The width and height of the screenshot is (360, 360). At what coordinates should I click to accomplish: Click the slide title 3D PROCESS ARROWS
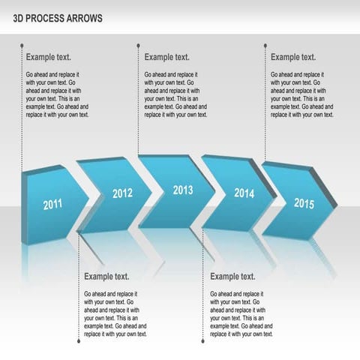click(x=58, y=17)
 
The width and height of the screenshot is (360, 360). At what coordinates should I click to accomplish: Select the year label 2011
click(x=52, y=204)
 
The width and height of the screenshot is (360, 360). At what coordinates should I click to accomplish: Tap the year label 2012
click(x=122, y=193)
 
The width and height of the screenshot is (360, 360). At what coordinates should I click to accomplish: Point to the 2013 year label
click(x=183, y=190)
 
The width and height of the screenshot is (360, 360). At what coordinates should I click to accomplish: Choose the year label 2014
click(x=244, y=193)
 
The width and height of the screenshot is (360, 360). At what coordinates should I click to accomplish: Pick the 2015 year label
click(x=304, y=203)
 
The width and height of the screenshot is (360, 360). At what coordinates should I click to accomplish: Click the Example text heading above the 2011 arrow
click(x=49, y=57)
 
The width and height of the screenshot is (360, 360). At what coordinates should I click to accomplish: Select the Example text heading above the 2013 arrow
click(x=167, y=57)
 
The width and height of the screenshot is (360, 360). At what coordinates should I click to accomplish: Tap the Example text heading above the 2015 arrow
click(x=293, y=57)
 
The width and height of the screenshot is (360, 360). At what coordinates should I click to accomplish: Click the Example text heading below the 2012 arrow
click(x=107, y=277)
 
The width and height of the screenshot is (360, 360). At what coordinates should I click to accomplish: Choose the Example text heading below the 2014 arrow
click(x=233, y=277)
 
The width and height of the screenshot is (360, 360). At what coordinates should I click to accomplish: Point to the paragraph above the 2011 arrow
click(x=57, y=94)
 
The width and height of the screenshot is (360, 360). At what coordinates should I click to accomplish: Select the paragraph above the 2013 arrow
click(x=175, y=94)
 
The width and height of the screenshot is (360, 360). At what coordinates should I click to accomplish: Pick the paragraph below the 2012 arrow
click(x=115, y=313)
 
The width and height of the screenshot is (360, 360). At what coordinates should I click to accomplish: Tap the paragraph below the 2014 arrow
click(x=241, y=313)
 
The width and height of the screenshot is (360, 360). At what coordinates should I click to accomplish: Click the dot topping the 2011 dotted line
click(x=21, y=46)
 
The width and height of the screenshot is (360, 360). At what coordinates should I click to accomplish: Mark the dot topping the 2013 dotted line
click(x=139, y=46)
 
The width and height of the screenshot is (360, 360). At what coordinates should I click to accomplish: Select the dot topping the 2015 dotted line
click(x=265, y=46)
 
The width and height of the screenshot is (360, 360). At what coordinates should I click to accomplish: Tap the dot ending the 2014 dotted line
click(x=204, y=341)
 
